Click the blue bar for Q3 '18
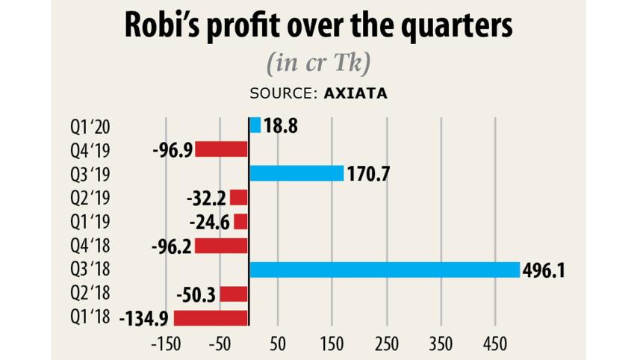[x=384, y=270]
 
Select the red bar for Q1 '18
[x=211, y=318]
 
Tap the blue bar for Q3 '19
[x=296, y=173]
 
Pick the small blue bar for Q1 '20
[x=255, y=125]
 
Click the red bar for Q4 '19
[x=221, y=149]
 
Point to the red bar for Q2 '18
[x=233, y=294]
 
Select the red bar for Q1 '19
[x=240, y=222]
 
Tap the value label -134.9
[x=145, y=319]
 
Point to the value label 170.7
[x=369, y=174]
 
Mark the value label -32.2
[x=206, y=198]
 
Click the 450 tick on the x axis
[x=494, y=344]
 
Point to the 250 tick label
[x=386, y=344]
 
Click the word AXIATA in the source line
[x=355, y=94]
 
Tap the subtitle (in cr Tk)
[x=319, y=64]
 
